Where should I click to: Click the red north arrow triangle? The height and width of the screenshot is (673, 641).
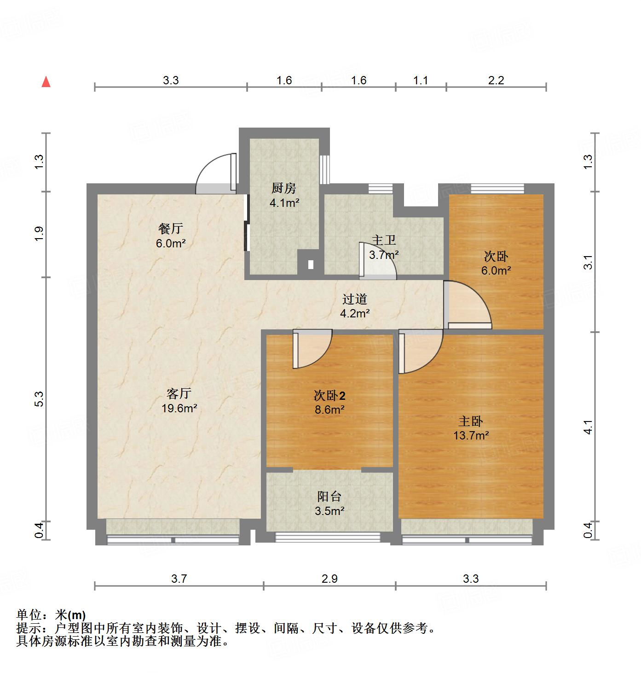click(46, 82)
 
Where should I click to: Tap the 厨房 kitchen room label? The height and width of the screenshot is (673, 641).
click(283, 188)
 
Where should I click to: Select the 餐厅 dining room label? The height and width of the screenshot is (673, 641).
click(171, 228)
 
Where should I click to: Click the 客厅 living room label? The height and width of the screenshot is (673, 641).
click(179, 393)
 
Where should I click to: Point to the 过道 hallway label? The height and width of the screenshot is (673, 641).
click(355, 299)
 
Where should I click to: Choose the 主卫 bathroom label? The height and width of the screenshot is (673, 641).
click(384, 240)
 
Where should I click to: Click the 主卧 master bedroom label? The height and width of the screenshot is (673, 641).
click(471, 421)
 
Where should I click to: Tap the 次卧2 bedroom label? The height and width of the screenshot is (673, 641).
click(329, 395)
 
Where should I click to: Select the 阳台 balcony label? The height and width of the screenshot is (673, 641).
click(329, 497)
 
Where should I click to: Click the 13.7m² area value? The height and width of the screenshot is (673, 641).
click(471, 435)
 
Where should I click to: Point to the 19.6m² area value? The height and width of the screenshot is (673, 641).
click(179, 408)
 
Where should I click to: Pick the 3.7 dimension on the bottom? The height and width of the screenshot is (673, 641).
click(179, 579)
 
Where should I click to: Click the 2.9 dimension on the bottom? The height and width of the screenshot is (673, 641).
click(329, 579)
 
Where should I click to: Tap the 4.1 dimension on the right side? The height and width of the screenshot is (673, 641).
click(588, 427)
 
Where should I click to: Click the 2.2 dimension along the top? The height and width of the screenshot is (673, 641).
click(496, 81)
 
